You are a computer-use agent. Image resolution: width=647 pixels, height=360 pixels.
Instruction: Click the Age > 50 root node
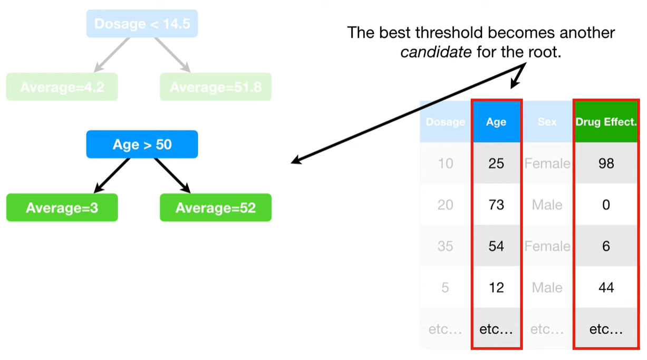142,144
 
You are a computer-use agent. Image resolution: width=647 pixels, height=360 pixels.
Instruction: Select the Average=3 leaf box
62,208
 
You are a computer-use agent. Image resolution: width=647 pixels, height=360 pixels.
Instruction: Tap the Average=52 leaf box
216,208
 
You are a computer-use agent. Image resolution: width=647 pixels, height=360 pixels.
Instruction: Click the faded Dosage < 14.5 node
142,23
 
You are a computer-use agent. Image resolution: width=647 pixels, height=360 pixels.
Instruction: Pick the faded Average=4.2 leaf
62,86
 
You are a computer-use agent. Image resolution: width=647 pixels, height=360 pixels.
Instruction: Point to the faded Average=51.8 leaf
216,86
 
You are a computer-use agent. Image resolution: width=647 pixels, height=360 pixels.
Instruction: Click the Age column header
496,122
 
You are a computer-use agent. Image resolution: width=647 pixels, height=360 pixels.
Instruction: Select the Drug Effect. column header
606,122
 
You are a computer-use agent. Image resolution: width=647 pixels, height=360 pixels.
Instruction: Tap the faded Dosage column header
446,122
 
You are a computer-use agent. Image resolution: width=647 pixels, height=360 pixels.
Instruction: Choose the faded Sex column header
547,122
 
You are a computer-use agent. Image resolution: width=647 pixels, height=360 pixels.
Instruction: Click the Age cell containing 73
496,205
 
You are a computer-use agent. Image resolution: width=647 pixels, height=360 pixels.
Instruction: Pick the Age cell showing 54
496,246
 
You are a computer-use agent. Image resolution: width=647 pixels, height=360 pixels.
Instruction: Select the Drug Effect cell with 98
606,163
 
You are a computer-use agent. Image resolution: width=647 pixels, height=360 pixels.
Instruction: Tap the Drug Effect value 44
606,287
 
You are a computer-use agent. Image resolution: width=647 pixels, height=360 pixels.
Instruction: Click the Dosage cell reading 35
446,246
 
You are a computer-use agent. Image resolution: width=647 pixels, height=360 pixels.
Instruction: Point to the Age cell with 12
496,287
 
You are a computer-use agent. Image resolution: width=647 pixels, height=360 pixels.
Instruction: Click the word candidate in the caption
436,52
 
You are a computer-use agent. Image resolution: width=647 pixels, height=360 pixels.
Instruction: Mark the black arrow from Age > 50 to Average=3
112,176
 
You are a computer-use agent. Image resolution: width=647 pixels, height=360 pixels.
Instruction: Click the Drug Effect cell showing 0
606,205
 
